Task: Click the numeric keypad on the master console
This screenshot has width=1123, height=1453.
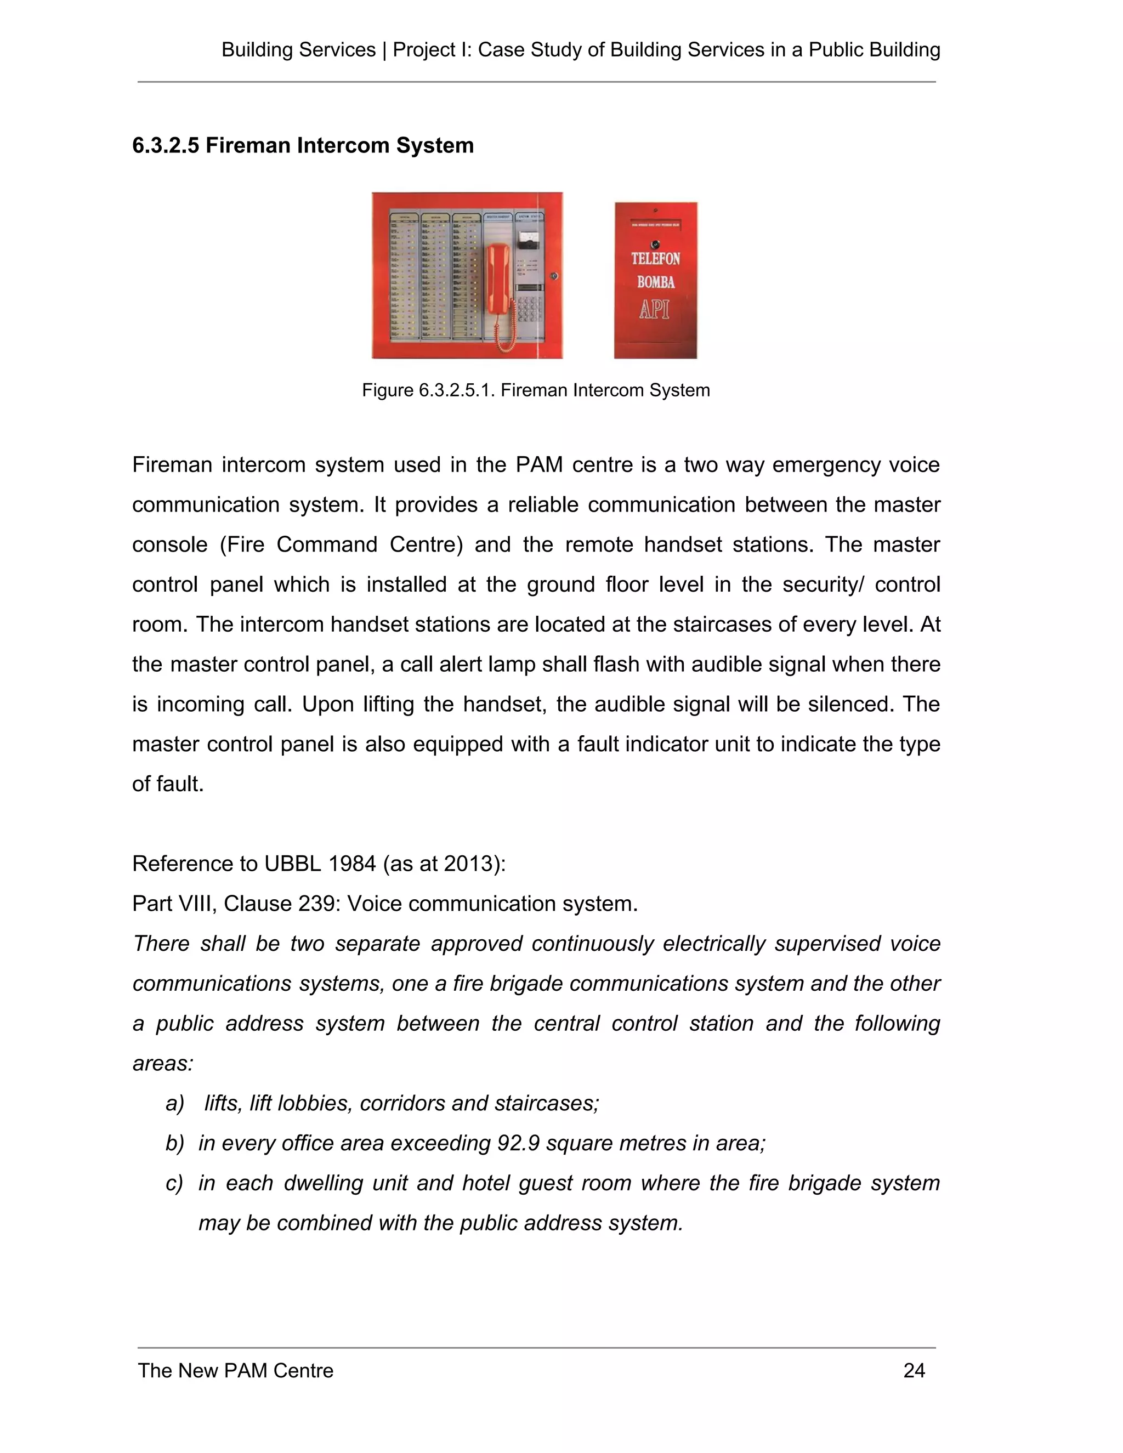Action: pyautogui.click(x=530, y=310)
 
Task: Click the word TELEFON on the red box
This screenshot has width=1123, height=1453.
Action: pyautogui.click(x=655, y=258)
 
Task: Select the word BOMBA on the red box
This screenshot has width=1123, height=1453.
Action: pyautogui.click(x=655, y=282)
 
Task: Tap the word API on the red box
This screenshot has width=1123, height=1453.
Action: pyautogui.click(x=654, y=309)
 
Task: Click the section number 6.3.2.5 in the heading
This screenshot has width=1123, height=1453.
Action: pyautogui.click(x=166, y=146)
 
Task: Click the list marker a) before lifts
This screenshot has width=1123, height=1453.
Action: pyautogui.click(x=174, y=1103)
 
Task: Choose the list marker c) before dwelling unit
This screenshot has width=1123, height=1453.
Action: pyautogui.click(x=174, y=1183)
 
